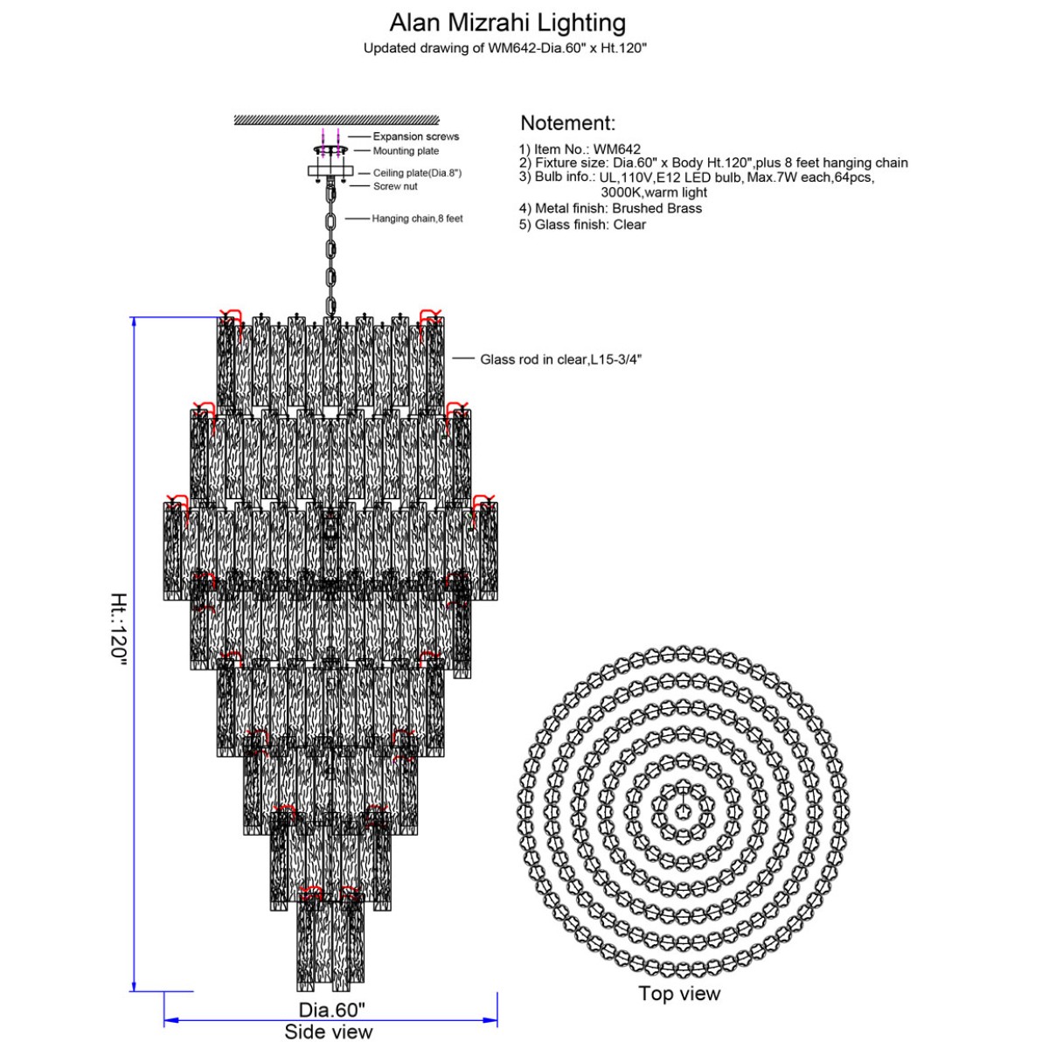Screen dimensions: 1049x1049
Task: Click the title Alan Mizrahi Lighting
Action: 507,23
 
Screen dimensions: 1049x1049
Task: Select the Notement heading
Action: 567,123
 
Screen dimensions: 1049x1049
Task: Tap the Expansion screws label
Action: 416,136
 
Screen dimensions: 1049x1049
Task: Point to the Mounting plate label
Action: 406,150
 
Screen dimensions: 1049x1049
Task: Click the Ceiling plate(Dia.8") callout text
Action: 417,173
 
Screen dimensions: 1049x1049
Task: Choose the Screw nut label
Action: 395,186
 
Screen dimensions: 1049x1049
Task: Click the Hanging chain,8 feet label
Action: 417,219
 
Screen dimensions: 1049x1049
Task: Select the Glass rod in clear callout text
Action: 560,359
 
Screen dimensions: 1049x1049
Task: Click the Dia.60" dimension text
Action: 331,1010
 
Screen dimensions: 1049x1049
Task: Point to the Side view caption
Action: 329,1032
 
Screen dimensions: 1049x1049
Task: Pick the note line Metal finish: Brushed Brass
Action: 610,209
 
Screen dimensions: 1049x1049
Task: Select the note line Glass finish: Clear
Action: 582,225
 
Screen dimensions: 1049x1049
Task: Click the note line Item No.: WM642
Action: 580,149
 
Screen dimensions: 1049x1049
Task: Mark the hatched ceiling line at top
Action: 337,120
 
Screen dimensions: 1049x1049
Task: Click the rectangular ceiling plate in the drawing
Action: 330,171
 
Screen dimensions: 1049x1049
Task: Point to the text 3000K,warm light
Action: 653,192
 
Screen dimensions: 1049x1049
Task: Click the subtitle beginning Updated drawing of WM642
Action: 504,48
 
